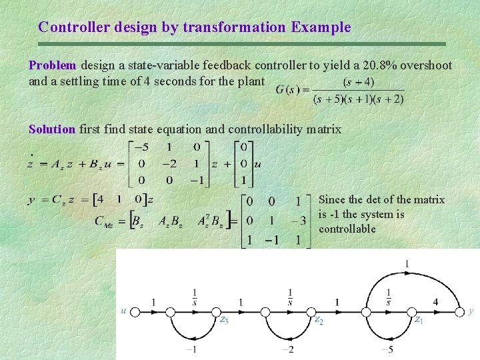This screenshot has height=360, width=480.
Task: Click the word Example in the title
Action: pyautogui.click(x=320, y=27)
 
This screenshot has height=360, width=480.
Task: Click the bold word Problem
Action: pyautogui.click(x=53, y=66)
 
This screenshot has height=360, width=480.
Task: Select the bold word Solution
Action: pyautogui.click(x=52, y=129)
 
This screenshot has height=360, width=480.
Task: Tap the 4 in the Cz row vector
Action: pyautogui.click(x=99, y=199)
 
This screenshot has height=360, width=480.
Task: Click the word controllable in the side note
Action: pyautogui.click(x=347, y=229)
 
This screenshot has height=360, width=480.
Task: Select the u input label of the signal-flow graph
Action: pyautogui.click(x=123, y=310)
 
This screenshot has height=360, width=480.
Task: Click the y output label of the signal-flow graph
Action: pyautogui.click(x=471, y=310)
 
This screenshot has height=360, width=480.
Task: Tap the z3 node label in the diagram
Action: pyautogui.click(x=225, y=319)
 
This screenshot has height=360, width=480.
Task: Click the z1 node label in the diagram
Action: pyautogui.click(x=419, y=319)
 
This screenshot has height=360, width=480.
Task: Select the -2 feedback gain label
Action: pyautogui.click(x=287, y=349)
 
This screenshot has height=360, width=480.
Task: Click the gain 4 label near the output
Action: pyautogui.click(x=435, y=302)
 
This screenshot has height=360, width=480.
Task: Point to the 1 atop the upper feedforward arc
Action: pyautogui.click(x=407, y=265)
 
